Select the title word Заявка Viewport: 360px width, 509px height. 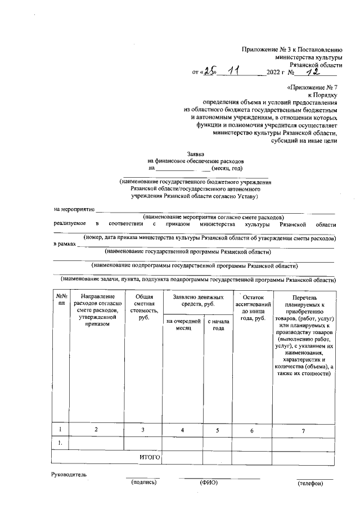[x=196, y=154]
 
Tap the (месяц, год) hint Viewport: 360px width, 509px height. [x=227, y=168]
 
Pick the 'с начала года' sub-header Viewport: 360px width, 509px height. [x=218, y=325]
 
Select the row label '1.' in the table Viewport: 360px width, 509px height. [x=61, y=444]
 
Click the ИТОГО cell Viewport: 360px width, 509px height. [x=150, y=458]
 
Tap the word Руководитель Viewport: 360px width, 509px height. [x=69, y=475]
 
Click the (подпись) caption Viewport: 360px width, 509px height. [x=143, y=483]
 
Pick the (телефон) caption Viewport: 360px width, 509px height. [x=310, y=483]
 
